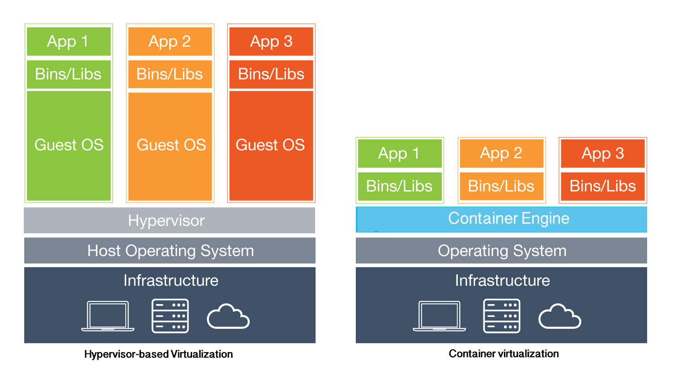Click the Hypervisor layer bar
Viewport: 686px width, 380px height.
tap(169, 220)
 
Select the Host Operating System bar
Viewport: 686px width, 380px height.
tap(170, 251)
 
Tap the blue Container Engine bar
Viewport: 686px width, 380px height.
tap(501, 219)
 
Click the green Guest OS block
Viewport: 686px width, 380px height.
tap(69, 145)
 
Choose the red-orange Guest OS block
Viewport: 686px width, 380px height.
tap(271, 145)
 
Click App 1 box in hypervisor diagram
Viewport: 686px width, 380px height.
tap(69, 42)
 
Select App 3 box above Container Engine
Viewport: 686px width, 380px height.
tap(602, 154)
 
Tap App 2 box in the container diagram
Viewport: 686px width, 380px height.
tap(501, 153)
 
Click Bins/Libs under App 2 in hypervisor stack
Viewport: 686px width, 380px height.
tap(170, 74)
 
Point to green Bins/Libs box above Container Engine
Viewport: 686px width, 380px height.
tap(399, 186)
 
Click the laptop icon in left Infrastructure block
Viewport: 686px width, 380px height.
tap(108, 316)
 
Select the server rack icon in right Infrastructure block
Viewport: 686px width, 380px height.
tap(502, 316)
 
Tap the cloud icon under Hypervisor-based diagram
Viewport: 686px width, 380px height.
tap(228, 316)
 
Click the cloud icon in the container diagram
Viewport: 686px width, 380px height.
tap(559, 316)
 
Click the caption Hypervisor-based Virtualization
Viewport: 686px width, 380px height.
tap(158, 354)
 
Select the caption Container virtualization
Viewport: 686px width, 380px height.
tap(504, 353)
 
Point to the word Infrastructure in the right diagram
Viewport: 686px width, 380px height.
tap(502, 280)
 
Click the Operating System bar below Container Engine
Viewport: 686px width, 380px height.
tap(501, 251)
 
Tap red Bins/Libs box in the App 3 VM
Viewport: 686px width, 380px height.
tap(271, 74)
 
